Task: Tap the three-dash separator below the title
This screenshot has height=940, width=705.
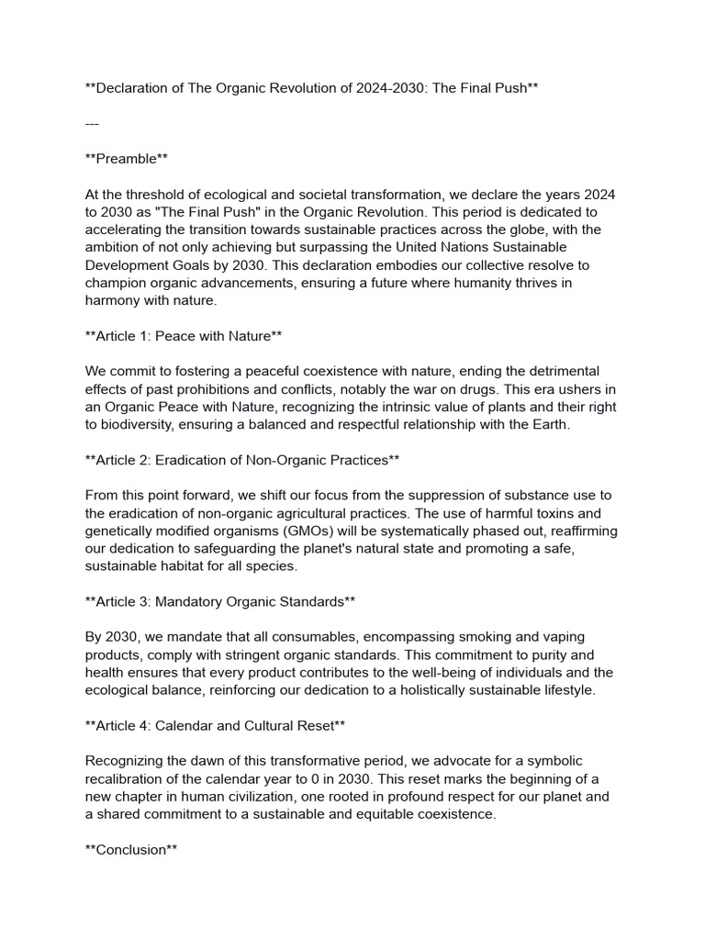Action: tap(92, 123)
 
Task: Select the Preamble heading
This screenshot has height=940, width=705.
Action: tap(126, 159)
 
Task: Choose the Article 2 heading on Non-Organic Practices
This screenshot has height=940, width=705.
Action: tap(242, 459)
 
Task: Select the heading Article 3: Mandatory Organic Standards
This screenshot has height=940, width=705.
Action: tap(219, 601)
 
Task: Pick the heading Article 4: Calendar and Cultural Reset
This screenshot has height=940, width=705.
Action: tap(215, 725)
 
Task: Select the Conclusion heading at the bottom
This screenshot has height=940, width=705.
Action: tap(130, 849)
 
